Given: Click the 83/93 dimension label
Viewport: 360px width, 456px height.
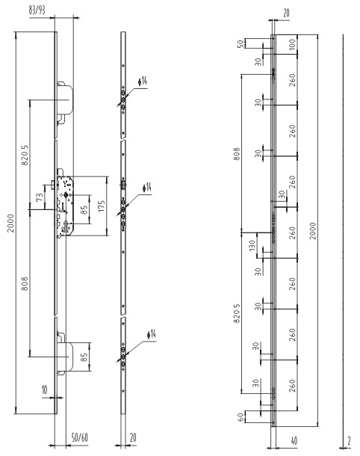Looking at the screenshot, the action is click(x=37, y=10).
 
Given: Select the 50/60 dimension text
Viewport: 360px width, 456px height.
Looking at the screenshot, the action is click(x=80, y=437).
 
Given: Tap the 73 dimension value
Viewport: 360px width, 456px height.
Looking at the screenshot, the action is click(x=40, y=197).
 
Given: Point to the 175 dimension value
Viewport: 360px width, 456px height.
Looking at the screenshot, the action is click(x=101, y=206).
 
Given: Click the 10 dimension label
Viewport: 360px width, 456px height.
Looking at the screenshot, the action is click(x=45, y=389).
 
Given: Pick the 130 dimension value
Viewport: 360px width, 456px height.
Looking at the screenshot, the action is click(x=252, y=245).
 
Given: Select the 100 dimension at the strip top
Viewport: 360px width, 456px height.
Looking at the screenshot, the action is click(x=292, y=44).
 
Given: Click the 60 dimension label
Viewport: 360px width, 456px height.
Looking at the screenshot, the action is click(x=240, y=417).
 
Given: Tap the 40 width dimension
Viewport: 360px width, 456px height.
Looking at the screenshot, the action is click(x=294, y=441).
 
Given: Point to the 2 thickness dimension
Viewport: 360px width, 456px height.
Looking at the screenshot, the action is click(x=349, y=441).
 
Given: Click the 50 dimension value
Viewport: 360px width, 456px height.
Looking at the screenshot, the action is click(x=240, y=44).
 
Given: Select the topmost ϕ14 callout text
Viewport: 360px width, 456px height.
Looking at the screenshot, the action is click(x=143, y=81).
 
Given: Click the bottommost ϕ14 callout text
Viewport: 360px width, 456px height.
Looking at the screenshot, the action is click(x=152, y=334).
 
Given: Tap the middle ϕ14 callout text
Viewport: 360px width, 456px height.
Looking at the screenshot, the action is click(x=147, y=188).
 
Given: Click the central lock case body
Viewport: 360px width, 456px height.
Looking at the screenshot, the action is click(x=65, y=206).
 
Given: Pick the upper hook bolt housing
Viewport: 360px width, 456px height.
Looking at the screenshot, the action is click(x=64, y=99).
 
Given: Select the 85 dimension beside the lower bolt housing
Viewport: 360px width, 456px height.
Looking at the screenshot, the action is click(x=84, y=357).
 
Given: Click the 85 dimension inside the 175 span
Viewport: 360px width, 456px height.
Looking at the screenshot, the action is click(x=84, y=209).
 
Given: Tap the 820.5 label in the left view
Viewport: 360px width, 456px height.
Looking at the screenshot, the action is click(x=25, y=155).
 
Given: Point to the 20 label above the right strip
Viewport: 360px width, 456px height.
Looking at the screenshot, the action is click(x=286, y=13).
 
